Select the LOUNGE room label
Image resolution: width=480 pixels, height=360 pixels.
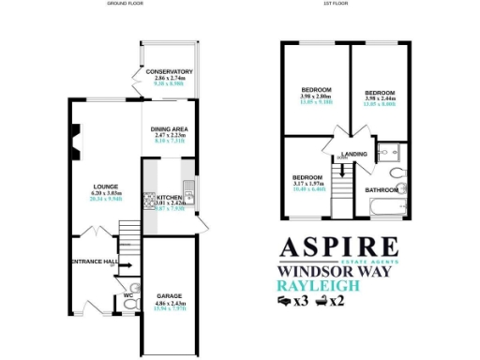coord(105,186)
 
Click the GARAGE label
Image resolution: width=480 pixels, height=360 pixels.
coord(169,295)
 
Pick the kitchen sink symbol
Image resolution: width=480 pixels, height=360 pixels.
coord(188,195)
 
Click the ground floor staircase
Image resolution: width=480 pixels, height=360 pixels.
coord(128,234)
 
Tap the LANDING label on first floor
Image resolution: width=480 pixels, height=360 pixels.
coord(354,154)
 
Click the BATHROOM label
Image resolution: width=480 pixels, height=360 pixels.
coord(381,190)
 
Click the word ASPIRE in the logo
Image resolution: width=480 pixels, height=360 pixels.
coord(340,248)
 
